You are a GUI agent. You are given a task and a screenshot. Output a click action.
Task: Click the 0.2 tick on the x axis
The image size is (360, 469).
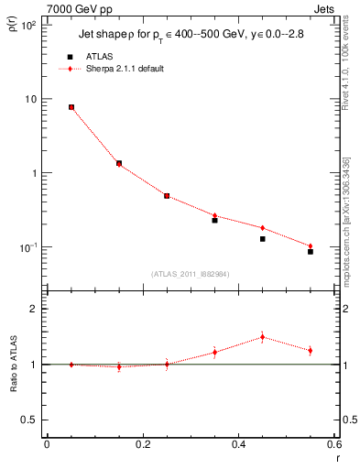[x=142, y=444]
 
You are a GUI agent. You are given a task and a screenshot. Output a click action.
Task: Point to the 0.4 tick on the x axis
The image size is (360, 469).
[x=238, y=444]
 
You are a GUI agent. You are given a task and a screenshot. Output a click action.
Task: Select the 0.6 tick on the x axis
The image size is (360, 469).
[x=333, y=444]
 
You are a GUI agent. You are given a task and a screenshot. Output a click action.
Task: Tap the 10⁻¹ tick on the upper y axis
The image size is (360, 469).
[x=27, y=247]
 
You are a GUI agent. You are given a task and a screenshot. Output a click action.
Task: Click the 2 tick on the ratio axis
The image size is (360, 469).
[x=32, y=309]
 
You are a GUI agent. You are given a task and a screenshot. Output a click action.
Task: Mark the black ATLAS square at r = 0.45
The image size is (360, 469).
[x=262, y=239]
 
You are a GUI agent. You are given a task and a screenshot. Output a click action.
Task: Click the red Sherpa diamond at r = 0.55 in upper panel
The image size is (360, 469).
[x=311, y=245]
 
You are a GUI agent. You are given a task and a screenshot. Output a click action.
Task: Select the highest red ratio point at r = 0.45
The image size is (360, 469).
[x=262, y=337]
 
